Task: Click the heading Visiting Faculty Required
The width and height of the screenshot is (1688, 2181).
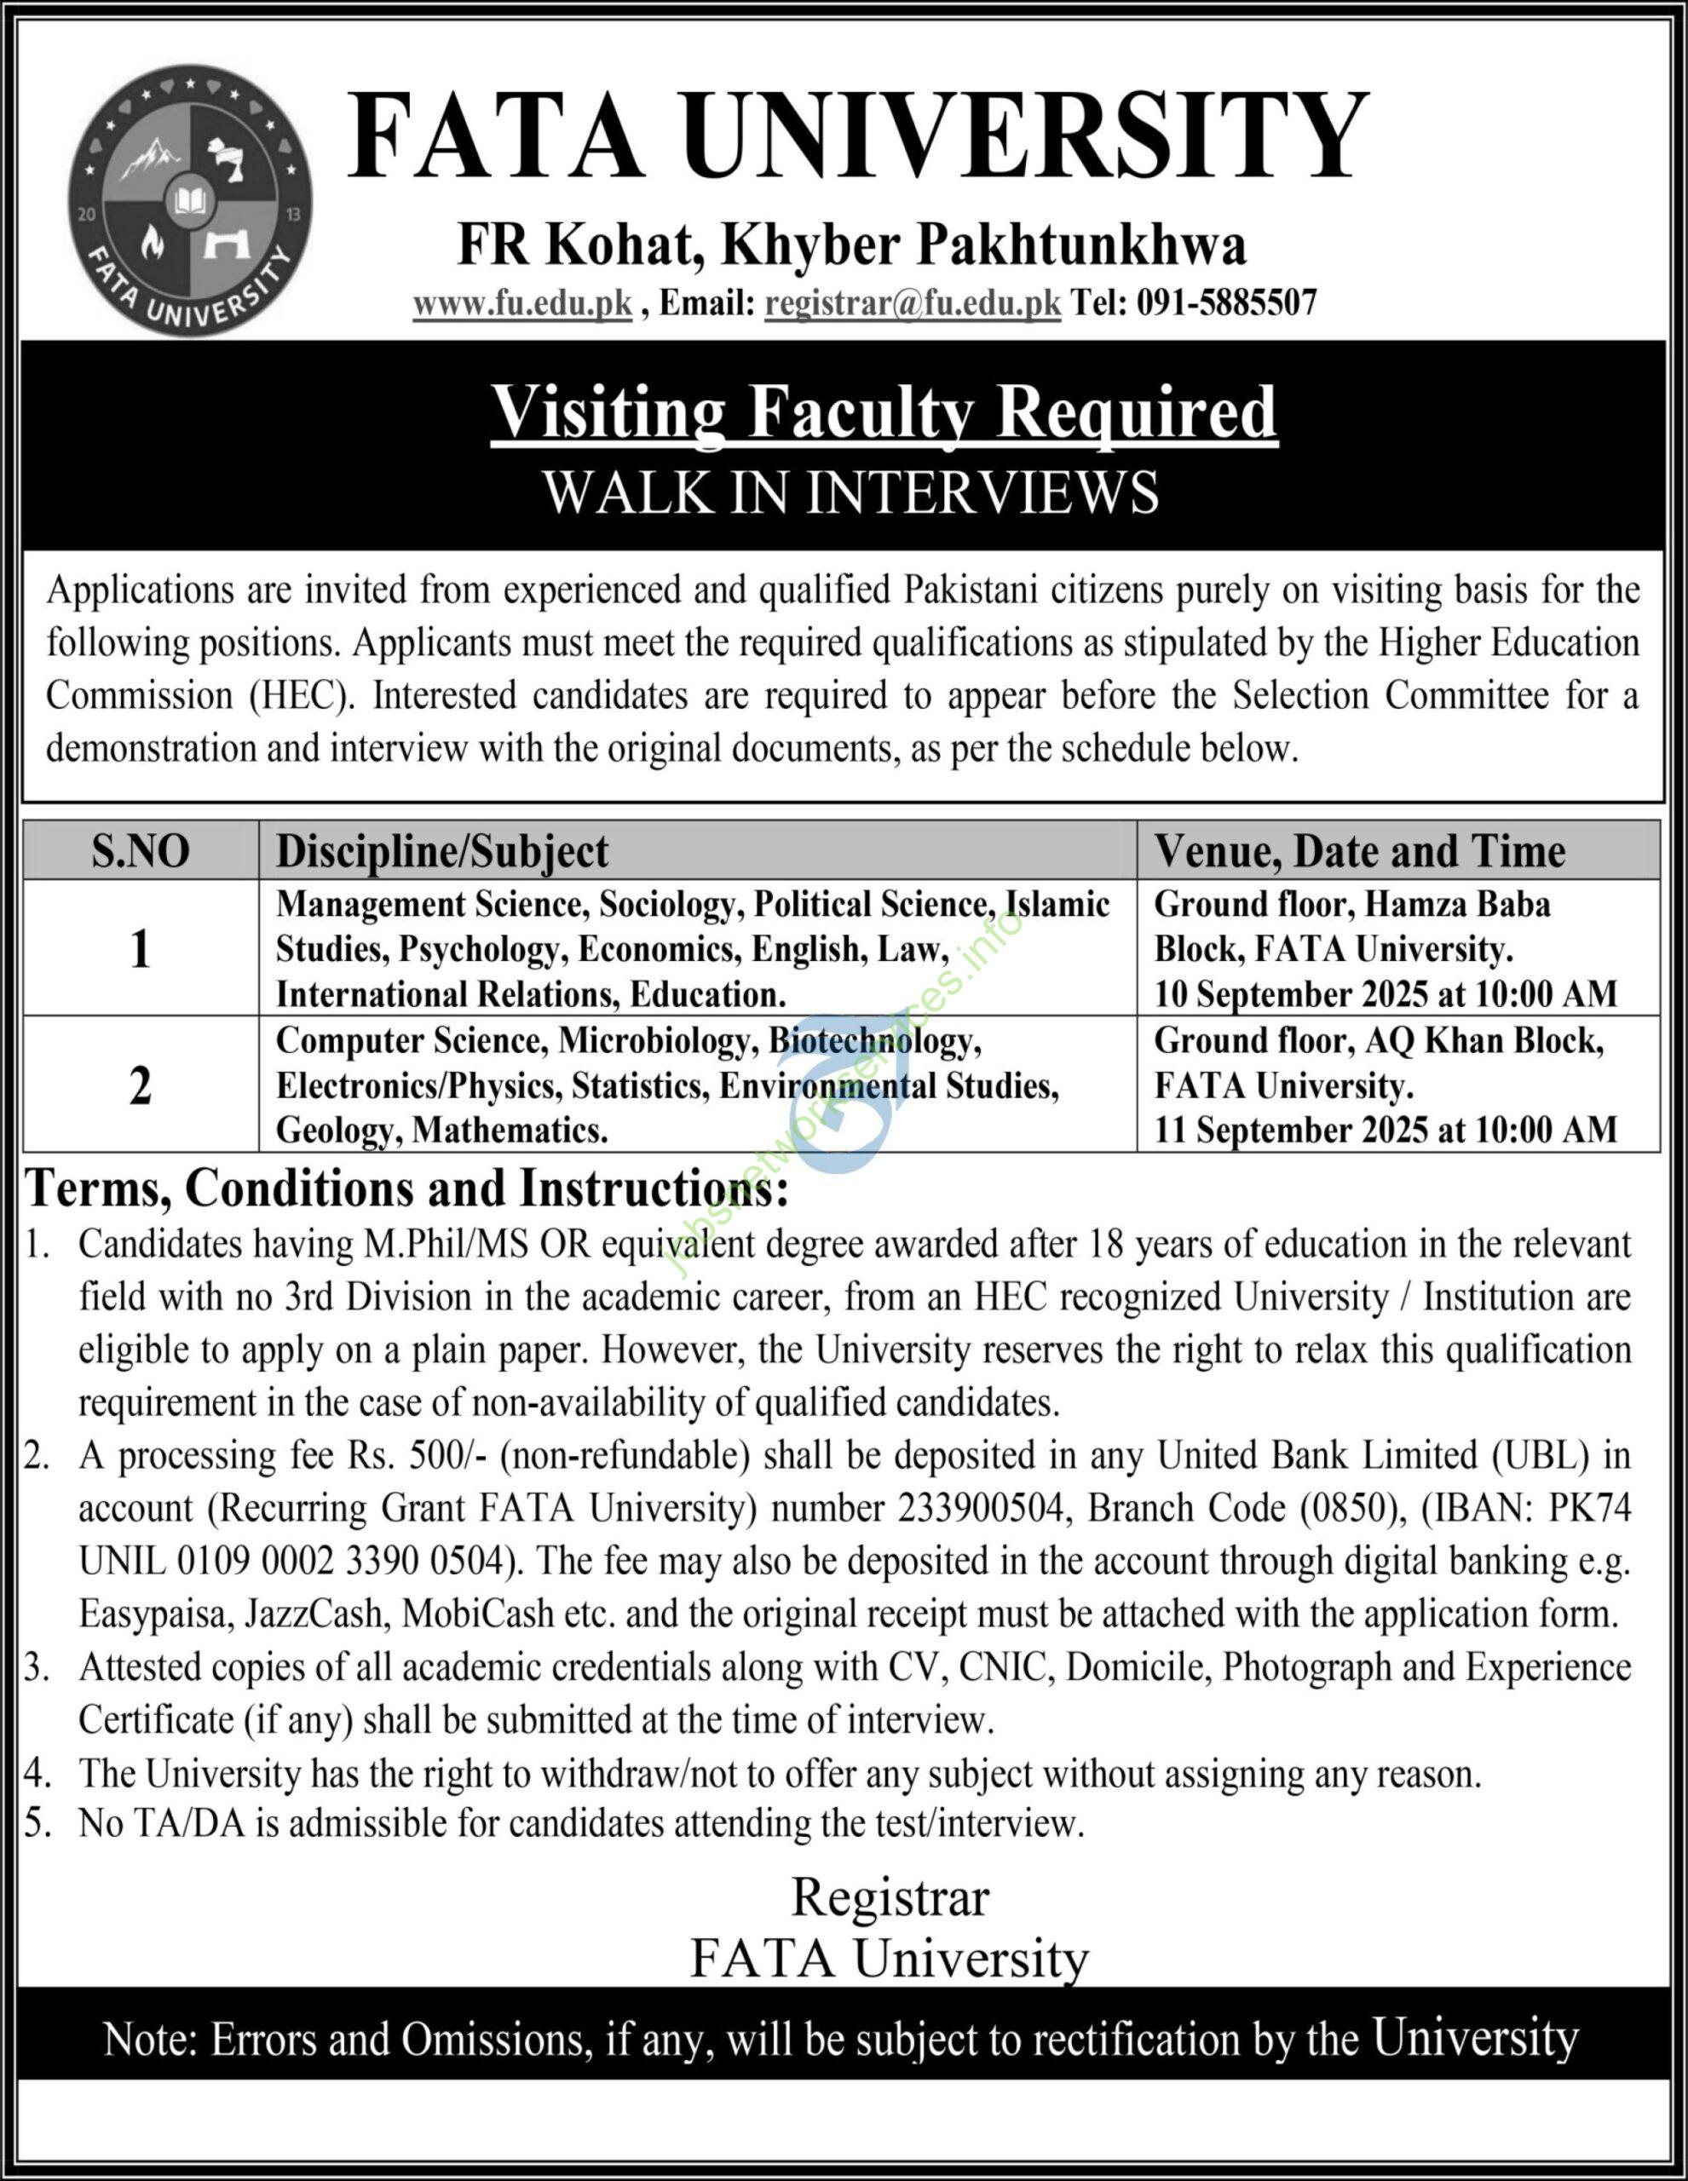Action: click(884, 411)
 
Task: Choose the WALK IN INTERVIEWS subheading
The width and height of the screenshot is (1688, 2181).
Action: click(851, 492)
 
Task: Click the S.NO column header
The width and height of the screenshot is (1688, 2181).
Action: click(140, 852)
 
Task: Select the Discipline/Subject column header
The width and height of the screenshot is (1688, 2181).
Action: click(441, 852)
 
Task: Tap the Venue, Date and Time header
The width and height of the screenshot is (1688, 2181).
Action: click(1359, 852)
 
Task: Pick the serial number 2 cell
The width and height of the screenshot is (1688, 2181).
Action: click(140, 1085)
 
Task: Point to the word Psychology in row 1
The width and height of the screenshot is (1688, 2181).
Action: click(478, 949)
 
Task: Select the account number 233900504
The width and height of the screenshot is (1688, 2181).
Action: click(979, 1508)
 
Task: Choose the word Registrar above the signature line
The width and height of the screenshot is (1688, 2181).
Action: click(889, 1897)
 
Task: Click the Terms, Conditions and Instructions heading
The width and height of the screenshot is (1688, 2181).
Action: click(407, 1188)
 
